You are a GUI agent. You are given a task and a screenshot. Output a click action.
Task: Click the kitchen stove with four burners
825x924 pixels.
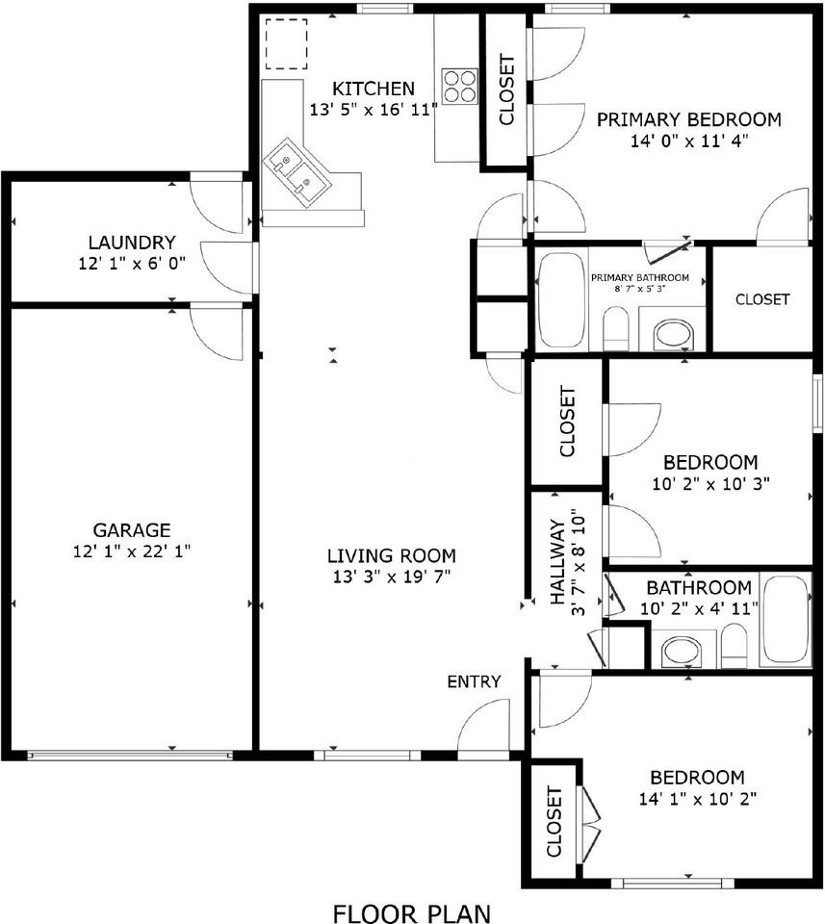[x=460, y=86]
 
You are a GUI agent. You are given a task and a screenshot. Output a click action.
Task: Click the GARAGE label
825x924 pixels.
[x=132, y=529]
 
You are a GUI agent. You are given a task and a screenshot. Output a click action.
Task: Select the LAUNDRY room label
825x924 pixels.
[x=131, y=243]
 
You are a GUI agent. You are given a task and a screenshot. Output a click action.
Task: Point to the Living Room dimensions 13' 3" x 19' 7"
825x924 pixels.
[x=391, y=577]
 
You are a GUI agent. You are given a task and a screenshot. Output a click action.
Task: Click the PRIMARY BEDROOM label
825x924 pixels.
[x=688, y=119]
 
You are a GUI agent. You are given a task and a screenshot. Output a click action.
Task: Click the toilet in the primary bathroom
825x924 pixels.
[x=616, y=330]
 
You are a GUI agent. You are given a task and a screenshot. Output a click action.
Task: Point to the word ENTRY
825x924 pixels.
[x=474, y=681]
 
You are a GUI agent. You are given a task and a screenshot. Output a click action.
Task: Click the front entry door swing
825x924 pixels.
[x=484, y=727]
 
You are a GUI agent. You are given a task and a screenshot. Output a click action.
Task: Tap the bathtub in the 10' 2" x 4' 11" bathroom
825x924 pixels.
[x=786, y=620]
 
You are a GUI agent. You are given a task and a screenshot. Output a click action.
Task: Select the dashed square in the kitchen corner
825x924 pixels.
[x=286, y=43]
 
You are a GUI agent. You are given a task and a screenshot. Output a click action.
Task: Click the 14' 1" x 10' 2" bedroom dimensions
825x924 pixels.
[x=697, y=799]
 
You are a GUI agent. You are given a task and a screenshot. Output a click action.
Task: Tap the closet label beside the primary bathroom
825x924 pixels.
[x=762, y=299]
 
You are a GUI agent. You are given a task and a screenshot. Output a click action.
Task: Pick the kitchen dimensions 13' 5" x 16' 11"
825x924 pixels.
[x=374, y=110]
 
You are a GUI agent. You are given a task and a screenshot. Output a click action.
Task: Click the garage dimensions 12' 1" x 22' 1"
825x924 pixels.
[x=132, y=552]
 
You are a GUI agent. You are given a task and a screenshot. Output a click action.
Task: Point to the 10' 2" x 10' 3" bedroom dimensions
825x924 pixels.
[x=710, y=483]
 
